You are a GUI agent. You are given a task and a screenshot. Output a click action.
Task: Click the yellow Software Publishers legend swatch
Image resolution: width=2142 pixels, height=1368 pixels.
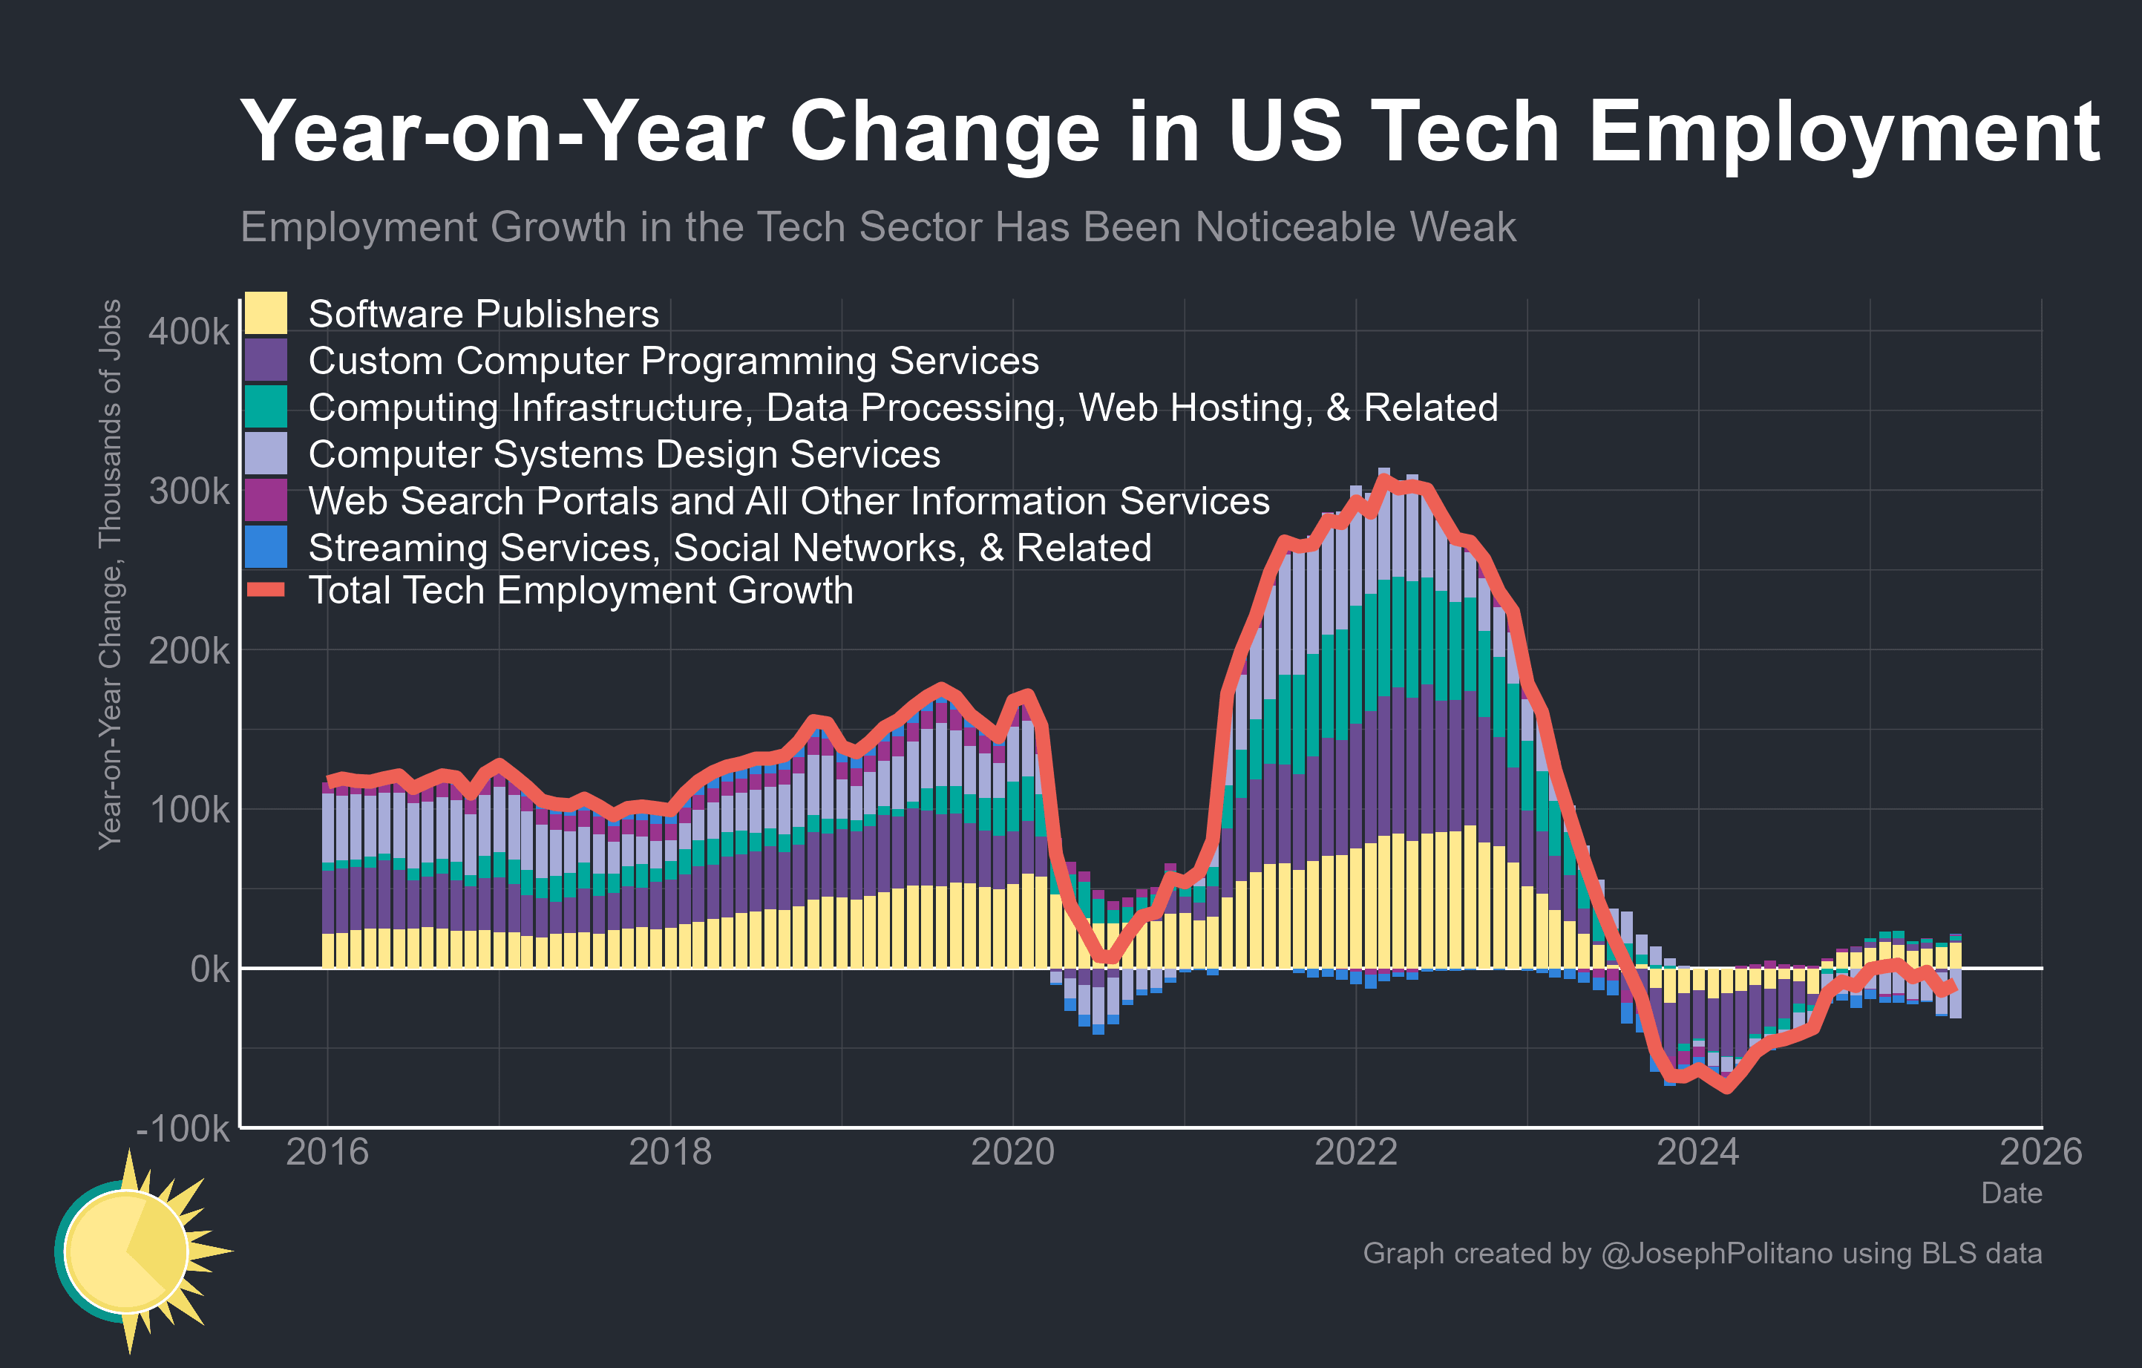[266, 313]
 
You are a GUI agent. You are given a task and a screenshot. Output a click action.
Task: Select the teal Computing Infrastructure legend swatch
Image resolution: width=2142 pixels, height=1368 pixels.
[266, 407]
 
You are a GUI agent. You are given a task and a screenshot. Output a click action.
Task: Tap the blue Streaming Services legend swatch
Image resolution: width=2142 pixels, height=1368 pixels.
[266, 547]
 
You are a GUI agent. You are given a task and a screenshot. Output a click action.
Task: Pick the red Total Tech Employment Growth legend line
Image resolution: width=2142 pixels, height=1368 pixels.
[266, 589]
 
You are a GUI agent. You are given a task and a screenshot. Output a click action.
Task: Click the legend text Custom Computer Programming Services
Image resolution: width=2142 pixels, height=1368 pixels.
[673, 361]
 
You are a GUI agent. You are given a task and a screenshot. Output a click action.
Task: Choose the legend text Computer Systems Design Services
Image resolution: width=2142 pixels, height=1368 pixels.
[623, 454]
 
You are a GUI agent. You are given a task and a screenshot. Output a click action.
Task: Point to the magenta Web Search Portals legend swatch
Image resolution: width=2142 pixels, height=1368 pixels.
[266, 500]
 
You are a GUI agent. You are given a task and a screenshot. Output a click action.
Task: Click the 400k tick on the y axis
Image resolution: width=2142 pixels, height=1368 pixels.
[189, 332]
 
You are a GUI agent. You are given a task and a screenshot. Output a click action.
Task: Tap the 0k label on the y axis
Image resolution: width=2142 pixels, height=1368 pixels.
[210, 969]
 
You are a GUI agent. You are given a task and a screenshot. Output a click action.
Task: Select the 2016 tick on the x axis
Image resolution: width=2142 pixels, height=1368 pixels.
[327, 1153]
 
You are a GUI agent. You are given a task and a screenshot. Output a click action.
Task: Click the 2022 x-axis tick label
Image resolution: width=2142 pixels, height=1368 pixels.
[1356, 1153]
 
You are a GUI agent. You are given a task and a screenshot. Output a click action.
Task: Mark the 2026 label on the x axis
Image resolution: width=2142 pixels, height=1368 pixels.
[2040, 1153]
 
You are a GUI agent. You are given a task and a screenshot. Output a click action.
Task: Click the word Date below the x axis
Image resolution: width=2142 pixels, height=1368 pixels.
[2011, 1194]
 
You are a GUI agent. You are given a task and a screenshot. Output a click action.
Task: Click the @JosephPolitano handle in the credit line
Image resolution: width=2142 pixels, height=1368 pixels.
[1716, 1253]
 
